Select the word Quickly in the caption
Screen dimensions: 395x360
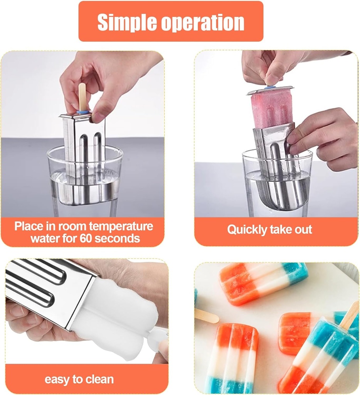tap(245, 230)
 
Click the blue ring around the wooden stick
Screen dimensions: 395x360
tap(82, 112)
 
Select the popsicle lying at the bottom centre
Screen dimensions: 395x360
tap(232, 357)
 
